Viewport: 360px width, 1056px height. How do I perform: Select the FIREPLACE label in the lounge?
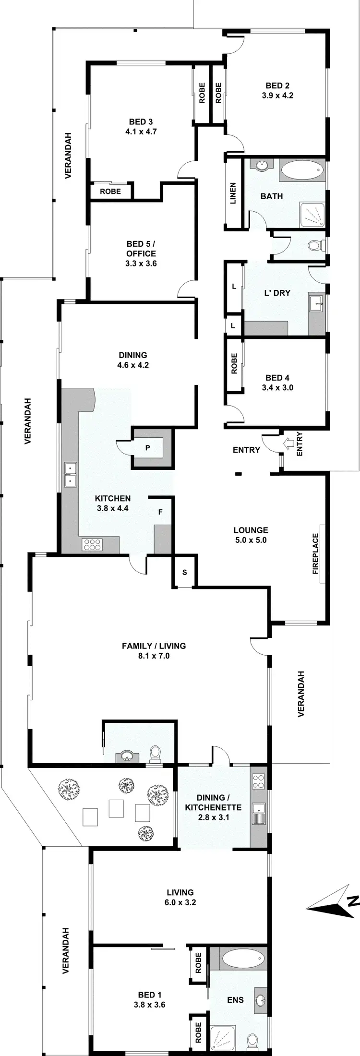315,553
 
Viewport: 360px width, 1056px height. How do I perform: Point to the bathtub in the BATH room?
302,170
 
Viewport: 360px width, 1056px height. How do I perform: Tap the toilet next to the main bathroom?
315,246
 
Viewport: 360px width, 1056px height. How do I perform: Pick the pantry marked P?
148,448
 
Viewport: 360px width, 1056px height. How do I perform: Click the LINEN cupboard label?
233,193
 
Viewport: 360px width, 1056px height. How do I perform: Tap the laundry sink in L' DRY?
316,302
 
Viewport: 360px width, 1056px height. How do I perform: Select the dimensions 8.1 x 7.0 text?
154,656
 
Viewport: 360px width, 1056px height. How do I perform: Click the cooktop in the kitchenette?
258,780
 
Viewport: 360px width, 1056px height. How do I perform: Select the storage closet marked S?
184,572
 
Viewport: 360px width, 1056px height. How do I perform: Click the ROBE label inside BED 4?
234,364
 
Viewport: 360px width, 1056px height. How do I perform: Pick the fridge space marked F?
160,512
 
